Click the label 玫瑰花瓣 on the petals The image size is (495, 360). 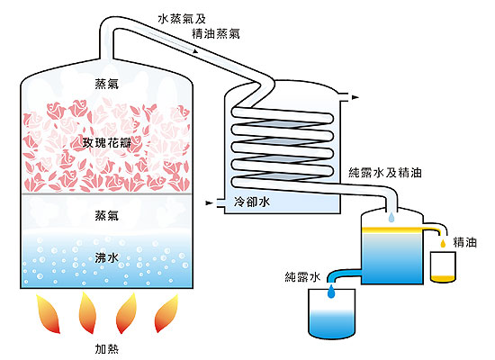[107, 143]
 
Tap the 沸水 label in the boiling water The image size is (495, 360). [107, 258]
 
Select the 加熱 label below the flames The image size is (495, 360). [107, 349]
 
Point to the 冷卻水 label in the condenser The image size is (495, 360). [252, 202]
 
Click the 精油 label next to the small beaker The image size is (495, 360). [464, 242]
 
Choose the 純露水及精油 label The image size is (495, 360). [385, 173]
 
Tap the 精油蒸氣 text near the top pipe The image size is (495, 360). [216, 33]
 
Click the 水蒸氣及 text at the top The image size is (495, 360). [182, 19]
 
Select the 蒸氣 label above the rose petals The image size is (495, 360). [107, 84]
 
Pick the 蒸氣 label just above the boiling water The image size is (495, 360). [107, 215]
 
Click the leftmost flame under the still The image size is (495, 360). [48, 313]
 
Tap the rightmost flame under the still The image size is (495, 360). [166, 313]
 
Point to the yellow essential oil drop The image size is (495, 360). [443, 243]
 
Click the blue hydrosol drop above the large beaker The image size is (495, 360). [331, 292]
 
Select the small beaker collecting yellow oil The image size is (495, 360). [443, 266]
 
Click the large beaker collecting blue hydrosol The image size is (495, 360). [332, 314]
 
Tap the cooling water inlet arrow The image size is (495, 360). [210, 202]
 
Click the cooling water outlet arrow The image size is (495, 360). [355, 97]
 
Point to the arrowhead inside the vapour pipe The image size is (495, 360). [195, 50]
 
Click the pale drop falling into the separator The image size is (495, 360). [391, 217]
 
